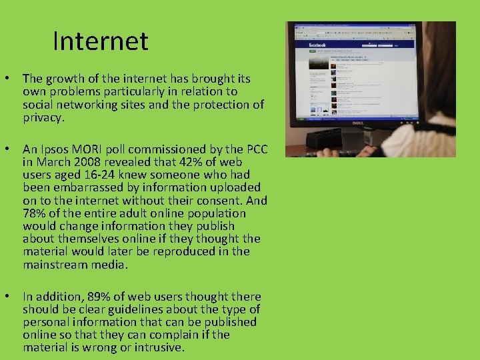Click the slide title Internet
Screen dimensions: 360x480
coord(101,41)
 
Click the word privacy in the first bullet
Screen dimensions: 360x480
coord(43,117)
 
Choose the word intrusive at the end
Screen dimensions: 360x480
coord(159,347)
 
